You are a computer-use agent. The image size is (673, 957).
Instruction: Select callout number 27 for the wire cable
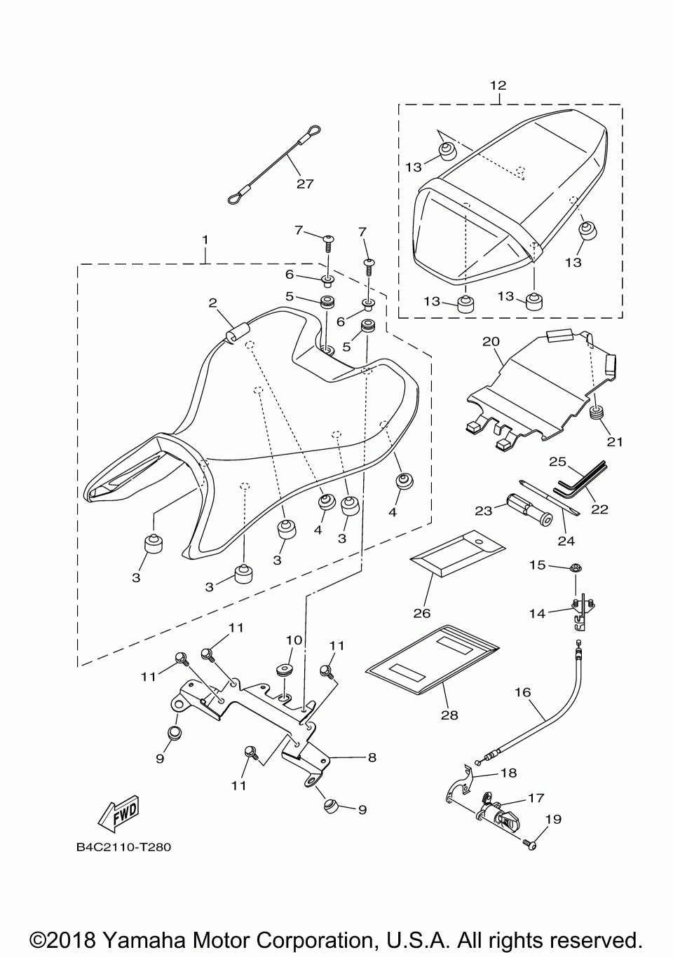[x=305, y=184]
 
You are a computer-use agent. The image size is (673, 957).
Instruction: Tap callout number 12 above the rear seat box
[x=498, y=85]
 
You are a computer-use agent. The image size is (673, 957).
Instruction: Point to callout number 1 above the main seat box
[x=205, y=240]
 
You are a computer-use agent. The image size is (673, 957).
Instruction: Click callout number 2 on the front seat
[x=212, y=303]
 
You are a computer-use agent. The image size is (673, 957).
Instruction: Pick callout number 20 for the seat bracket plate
[x=491, y=342]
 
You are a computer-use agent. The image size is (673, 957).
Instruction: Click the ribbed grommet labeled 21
[x=597, y=413]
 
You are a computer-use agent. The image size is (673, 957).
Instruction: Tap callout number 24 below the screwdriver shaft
[x=566, y=541]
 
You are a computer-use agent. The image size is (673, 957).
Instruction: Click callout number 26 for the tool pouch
[x=421, y=613]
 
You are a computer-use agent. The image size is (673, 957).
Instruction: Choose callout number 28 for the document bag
[x=449, y=715]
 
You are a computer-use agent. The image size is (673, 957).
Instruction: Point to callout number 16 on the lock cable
[x=522, y=692]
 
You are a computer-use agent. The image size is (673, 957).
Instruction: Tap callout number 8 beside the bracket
[x=372, y=757]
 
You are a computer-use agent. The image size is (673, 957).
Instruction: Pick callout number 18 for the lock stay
[x=508, y=773]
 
